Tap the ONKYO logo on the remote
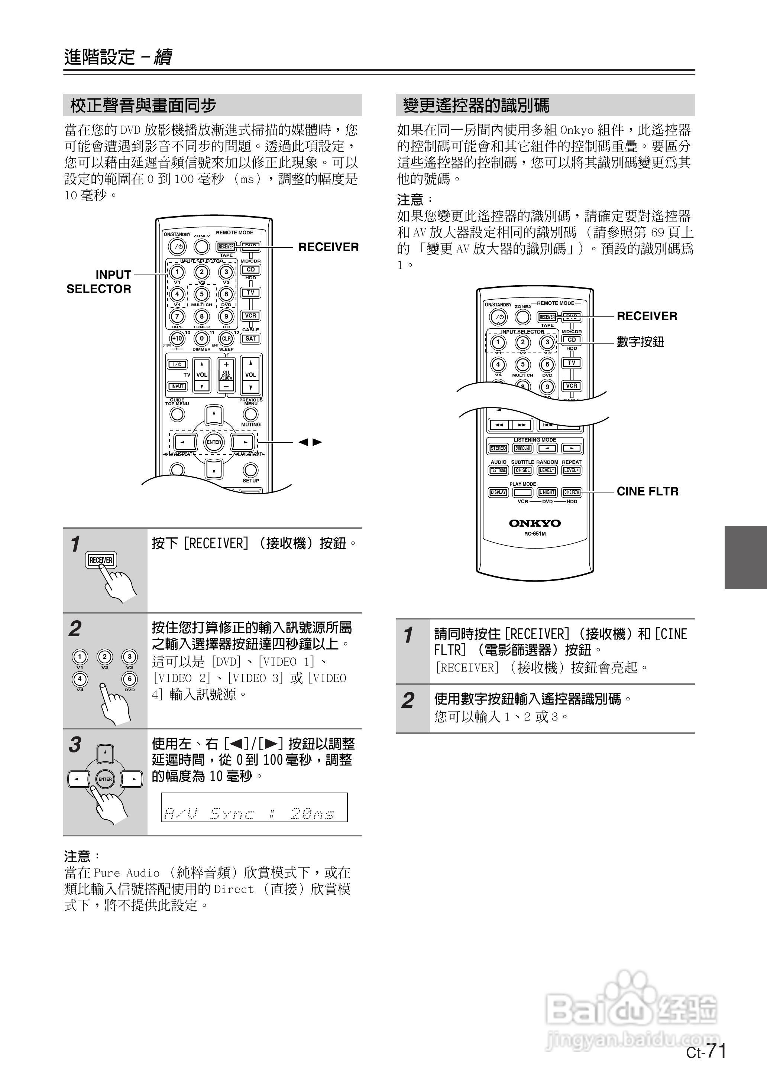point(535,523)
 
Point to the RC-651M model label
point(535,534)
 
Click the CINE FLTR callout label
point(647,491)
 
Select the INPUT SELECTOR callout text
point(99,282)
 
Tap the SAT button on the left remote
point(250,338)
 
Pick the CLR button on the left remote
point(226,338)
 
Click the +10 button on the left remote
point(177,338)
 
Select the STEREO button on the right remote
point(498,448)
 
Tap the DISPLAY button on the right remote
point(498,492)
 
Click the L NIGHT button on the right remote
point(547,492)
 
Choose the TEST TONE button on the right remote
point(498,470)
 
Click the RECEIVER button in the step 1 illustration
point(101,560)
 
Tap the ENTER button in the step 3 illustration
point(105,779)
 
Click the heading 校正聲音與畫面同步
point(143,105)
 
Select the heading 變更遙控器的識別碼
point(476,105)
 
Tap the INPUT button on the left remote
point(177,386)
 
